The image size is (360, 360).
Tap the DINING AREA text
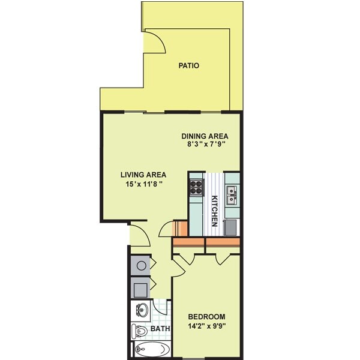click(x=205, y=136)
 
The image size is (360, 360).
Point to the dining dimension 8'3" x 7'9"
click(x=205, y=144)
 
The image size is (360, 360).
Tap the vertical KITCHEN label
click(x=214, y=211)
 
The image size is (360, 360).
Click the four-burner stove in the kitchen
click(x=197, y=189)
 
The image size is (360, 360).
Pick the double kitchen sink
click(x=232, y=193)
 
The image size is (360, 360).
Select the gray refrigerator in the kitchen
click(x=232, y=227)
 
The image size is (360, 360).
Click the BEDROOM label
click(x=206, y=317)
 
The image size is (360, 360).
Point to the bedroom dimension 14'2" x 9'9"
click(x=206, y=326)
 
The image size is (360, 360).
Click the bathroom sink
click(x=142, y=311)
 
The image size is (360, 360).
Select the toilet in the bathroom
click(x=141, y=330)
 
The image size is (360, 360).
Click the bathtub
click(x=153, y=350)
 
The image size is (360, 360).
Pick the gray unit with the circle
click(x=140, y=265)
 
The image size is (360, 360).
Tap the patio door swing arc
click(x=154, y=44)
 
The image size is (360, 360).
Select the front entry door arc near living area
click(x=139, y=235)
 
